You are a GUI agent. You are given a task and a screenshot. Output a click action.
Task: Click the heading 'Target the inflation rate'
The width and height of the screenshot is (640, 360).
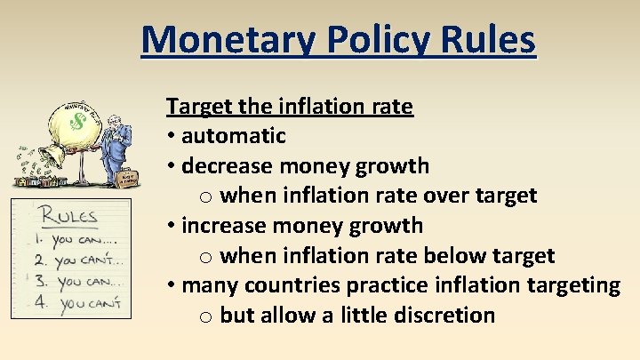[x=289, y=107]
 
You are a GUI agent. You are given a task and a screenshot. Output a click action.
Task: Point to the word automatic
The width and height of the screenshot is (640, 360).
[x=233, y=136]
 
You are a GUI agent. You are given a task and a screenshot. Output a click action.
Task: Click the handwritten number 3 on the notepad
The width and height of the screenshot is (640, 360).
[x=39, y=283]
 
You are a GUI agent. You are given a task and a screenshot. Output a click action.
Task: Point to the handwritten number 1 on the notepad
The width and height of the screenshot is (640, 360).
[x=38, y=241]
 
